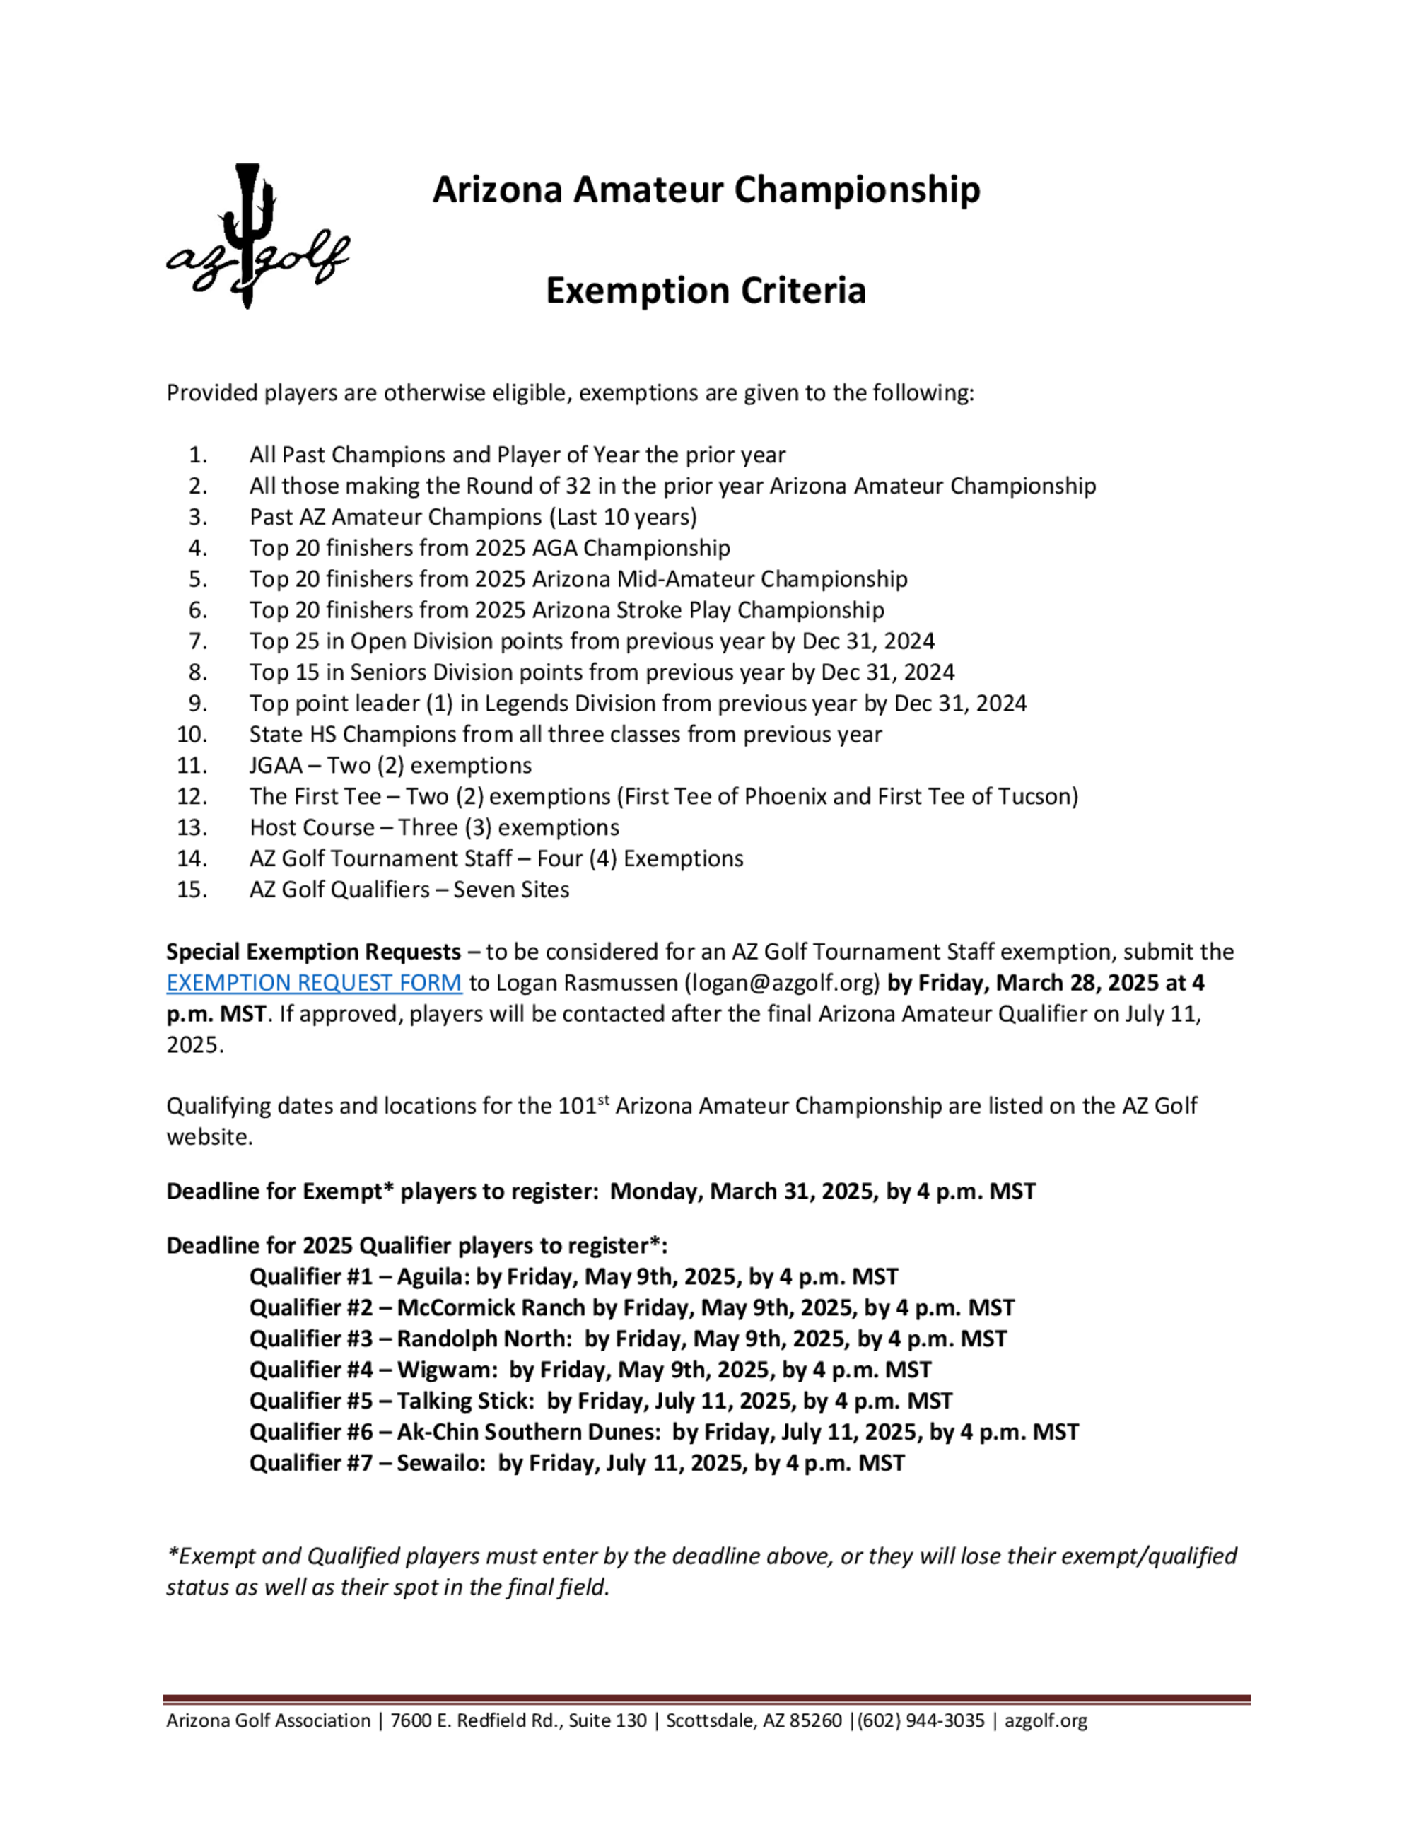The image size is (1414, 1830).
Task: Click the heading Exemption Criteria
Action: click(706, 291)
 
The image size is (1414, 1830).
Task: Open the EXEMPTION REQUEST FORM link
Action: click(313, 982)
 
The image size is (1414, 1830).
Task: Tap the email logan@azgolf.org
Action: click(783, 982)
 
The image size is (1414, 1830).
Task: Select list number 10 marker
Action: click(192, 734)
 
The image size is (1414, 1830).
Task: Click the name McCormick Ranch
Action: click(491, 1307)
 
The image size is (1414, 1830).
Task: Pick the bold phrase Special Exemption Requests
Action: click(313, 952)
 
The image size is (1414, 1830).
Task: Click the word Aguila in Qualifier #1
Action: click(431, 1276)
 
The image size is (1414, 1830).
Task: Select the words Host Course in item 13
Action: click(312, 827)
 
